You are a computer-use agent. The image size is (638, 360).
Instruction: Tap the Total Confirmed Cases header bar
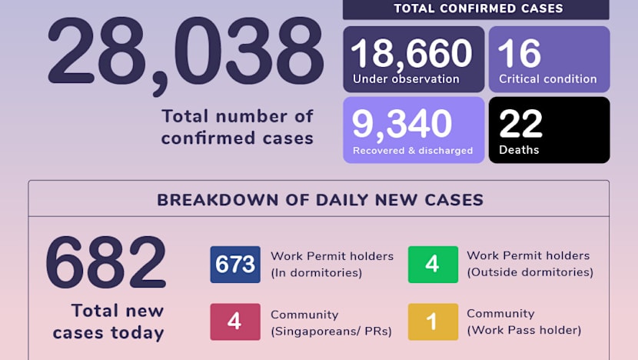pos(477,9)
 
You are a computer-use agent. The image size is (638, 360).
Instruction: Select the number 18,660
pos(411,52)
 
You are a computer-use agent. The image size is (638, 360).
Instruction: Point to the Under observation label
pos(406,78)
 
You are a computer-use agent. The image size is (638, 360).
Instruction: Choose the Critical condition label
pos(548,78)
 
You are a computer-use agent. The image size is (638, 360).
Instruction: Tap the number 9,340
pos(401,124)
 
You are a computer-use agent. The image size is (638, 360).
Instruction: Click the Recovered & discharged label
pos(413,151)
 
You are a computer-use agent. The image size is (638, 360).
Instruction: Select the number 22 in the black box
pos(520,124)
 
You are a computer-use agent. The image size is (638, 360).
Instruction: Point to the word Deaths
pos(519,150)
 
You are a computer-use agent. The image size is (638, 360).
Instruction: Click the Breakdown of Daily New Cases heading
pos(320,200)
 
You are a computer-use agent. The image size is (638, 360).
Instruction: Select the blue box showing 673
pos(235,265)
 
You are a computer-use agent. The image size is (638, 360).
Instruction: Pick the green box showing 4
pos(432,265)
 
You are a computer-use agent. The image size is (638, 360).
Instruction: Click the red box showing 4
pos(235,322)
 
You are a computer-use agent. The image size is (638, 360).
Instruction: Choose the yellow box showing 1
pos(432,322)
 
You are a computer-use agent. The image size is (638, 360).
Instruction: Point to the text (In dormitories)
pos(316,272)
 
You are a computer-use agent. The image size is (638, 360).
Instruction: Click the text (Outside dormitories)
pos(530,272)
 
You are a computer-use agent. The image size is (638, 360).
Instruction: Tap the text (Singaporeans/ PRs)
pos(331,332)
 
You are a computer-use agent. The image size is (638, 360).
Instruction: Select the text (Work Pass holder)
pos(524,331)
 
